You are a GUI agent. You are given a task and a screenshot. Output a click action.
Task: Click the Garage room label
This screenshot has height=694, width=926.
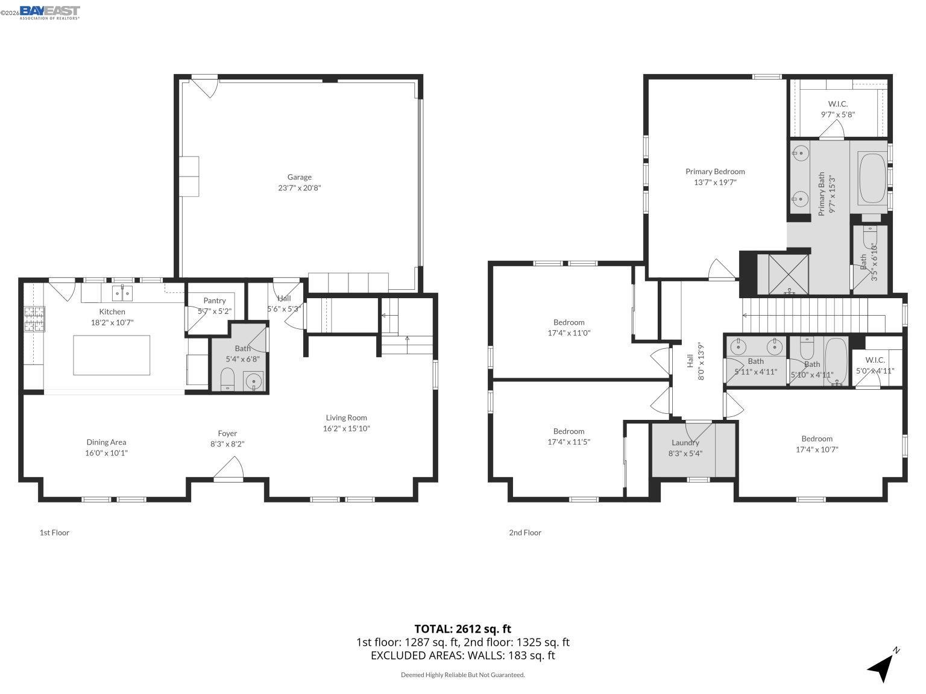[299, 177]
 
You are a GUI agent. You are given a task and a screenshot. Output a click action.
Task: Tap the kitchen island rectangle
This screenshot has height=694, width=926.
[112, 355]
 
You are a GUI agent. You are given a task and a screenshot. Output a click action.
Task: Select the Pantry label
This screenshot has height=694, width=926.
[214, 301]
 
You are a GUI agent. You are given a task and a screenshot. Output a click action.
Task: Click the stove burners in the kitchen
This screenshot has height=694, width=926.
[34, 319]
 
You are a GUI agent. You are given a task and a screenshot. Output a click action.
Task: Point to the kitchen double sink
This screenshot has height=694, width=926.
[122, 293]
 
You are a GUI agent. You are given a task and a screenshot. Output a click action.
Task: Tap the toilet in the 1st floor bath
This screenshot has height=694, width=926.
[227, 380]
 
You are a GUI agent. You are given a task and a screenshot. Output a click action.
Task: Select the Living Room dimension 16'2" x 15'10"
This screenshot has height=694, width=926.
[346, 429]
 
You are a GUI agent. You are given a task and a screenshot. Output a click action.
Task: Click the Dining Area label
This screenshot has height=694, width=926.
[106, 442]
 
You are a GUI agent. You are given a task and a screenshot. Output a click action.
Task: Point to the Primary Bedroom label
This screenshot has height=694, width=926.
[715, 172]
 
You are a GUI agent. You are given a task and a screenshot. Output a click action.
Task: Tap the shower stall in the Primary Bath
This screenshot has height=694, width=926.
[790, 274]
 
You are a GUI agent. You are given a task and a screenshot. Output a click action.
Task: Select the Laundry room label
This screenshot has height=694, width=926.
[685, 443]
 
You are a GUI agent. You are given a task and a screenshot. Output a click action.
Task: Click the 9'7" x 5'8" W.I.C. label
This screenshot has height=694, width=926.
[837, 114]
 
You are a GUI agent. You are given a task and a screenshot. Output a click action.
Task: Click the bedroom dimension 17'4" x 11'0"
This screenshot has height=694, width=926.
[569, 333]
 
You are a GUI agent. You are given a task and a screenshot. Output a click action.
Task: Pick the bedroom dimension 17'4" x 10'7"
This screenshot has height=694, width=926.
[817, 449]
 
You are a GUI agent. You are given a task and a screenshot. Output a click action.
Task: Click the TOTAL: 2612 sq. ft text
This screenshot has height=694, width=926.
[462, 630]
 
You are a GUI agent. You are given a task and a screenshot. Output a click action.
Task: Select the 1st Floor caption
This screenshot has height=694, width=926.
[54, 533]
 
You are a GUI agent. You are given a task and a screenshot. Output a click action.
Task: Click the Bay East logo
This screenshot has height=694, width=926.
[49, 12]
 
